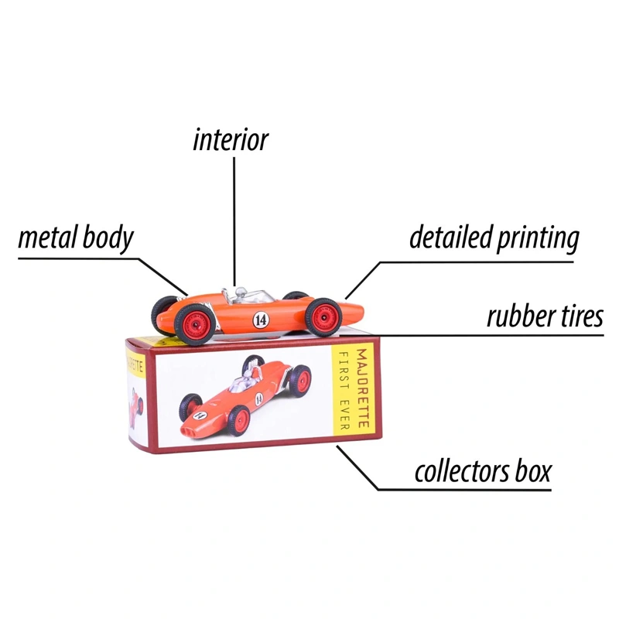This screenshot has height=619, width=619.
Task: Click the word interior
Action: point(231,140)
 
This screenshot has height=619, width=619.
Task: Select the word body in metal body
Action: point(107,239)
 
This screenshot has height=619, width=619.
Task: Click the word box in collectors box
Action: point(533,470)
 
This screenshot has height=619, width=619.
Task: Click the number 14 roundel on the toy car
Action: point(261,318)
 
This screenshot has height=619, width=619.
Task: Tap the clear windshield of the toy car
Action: point(241,293)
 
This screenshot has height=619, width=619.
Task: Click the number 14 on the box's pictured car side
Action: point(258,397)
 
